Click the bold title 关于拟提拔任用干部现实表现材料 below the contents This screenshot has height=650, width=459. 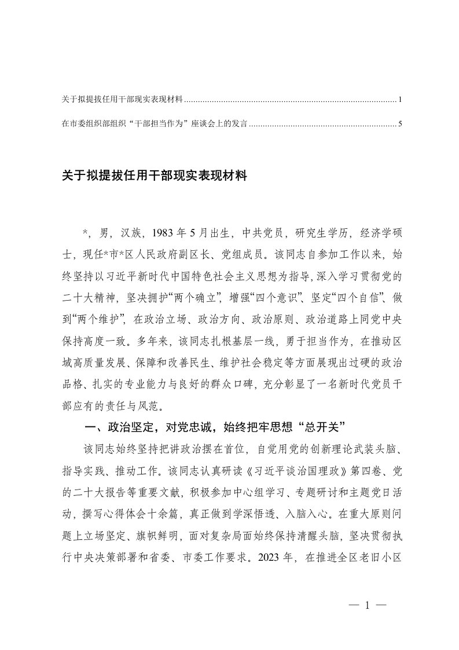pyautogui.click(x=155, y=176)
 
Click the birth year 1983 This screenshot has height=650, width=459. pyautogui.click(x=164, y=233)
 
